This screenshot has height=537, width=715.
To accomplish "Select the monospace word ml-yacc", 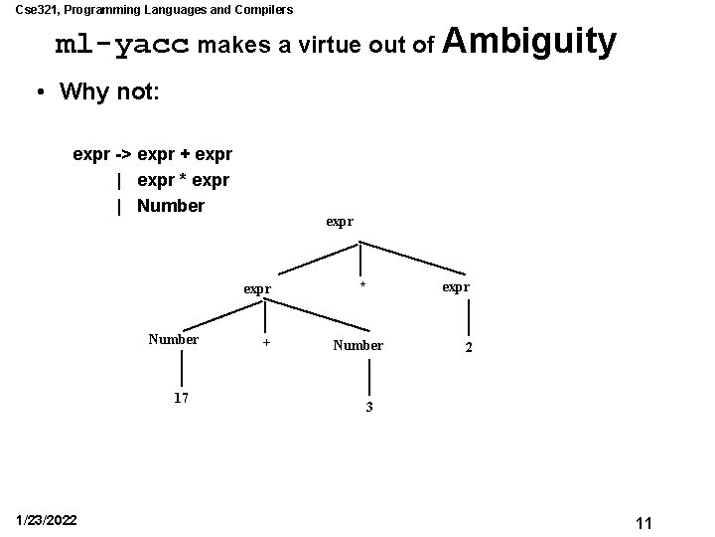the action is (x=122, y=46).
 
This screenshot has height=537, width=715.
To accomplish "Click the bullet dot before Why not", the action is (x=39, y=92).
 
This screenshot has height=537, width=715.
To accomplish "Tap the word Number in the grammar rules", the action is (x=171, y=206).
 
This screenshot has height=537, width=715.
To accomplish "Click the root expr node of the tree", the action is (x=339, y=221).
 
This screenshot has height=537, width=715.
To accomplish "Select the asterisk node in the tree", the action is (x=362, y=286).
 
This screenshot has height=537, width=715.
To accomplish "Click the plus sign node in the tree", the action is (x=265, y=344).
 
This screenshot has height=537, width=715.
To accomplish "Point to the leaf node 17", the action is (x=181, y=398).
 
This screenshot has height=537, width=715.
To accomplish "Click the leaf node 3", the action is (x=368, y=408).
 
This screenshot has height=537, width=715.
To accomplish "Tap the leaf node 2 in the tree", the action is (x=469, y=349).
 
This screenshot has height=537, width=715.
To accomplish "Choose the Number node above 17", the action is (x=174, y=339).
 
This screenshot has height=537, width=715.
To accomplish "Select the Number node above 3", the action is (x=358, y=345).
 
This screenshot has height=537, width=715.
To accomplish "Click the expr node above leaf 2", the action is (x=457, y=286).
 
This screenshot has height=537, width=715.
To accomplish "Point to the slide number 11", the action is (x=643, y=523).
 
